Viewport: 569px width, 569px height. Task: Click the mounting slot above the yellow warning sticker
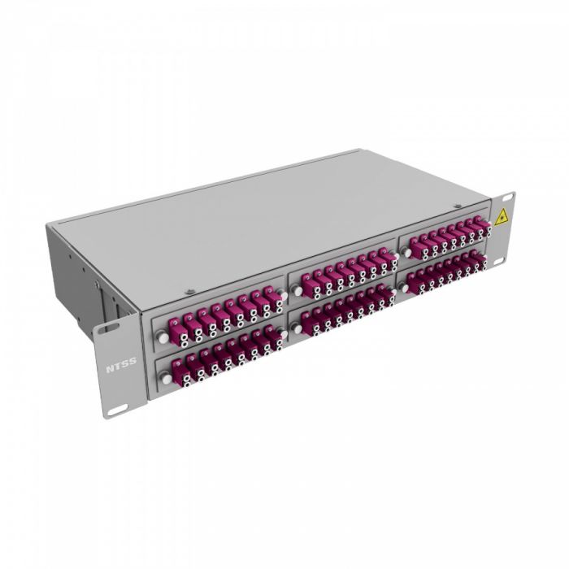click(503, 201)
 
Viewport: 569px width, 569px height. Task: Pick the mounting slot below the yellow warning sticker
click(505, 258)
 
